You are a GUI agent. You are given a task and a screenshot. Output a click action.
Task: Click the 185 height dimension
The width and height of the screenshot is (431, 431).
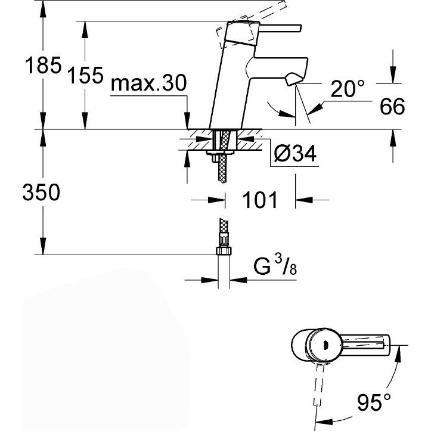[43, 66]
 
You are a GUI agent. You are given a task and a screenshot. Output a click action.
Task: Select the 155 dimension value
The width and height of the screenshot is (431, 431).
[85, 75]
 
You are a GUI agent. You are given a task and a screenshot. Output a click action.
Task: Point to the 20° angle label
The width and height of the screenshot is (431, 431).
[348, 88]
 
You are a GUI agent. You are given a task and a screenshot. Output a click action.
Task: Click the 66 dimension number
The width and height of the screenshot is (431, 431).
[392, 106]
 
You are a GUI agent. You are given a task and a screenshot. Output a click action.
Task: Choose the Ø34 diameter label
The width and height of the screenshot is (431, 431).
[295, 153]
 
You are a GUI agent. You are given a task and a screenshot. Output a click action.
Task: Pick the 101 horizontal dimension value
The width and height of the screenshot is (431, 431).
[260, 200]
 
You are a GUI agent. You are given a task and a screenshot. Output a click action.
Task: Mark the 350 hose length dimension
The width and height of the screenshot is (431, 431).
[41, 192]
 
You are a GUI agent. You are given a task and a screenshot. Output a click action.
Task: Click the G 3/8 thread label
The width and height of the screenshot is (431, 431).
[275, 265]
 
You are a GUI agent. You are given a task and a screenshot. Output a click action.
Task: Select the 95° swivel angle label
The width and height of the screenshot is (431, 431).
[374, 402]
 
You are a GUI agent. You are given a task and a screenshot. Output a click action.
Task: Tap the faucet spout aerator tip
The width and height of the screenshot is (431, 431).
[293, 79]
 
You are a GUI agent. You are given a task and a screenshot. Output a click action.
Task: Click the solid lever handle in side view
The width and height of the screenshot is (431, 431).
[280, 29]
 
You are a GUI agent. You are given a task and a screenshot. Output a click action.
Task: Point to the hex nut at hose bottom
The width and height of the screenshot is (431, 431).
[224, 251]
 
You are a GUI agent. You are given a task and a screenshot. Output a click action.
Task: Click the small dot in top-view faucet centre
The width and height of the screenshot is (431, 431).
[326, 345]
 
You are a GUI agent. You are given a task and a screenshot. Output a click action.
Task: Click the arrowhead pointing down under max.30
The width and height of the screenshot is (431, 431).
[187, 120]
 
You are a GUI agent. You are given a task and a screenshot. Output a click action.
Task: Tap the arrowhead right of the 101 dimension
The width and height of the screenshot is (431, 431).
[304, 200]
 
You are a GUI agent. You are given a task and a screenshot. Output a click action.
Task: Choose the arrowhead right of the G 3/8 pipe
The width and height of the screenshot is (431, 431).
[238, 280]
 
